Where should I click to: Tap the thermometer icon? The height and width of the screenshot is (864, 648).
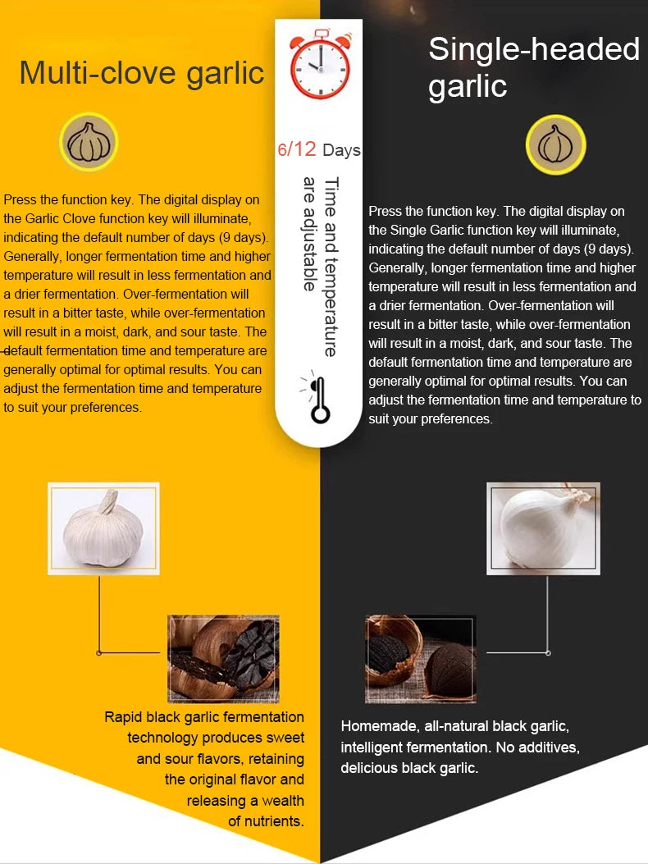(318, 400)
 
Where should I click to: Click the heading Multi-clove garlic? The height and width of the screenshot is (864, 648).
(142, 73)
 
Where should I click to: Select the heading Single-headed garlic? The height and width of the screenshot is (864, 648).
(533, 67)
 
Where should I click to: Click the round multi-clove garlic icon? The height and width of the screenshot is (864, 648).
(89, 143)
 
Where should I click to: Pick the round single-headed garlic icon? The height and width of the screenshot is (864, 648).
(556, 144)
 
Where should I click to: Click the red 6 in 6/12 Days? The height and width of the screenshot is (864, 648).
(283, 149)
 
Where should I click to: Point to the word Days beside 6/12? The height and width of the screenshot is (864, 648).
(341, 150)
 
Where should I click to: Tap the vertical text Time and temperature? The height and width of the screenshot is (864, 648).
(330, 267)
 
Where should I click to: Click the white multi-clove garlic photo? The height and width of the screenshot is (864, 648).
(103, 528)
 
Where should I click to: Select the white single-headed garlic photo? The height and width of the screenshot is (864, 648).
(543, 528)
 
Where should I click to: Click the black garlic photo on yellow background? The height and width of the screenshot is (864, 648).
(224, 659)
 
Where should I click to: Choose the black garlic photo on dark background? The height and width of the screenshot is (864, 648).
(420, 659)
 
